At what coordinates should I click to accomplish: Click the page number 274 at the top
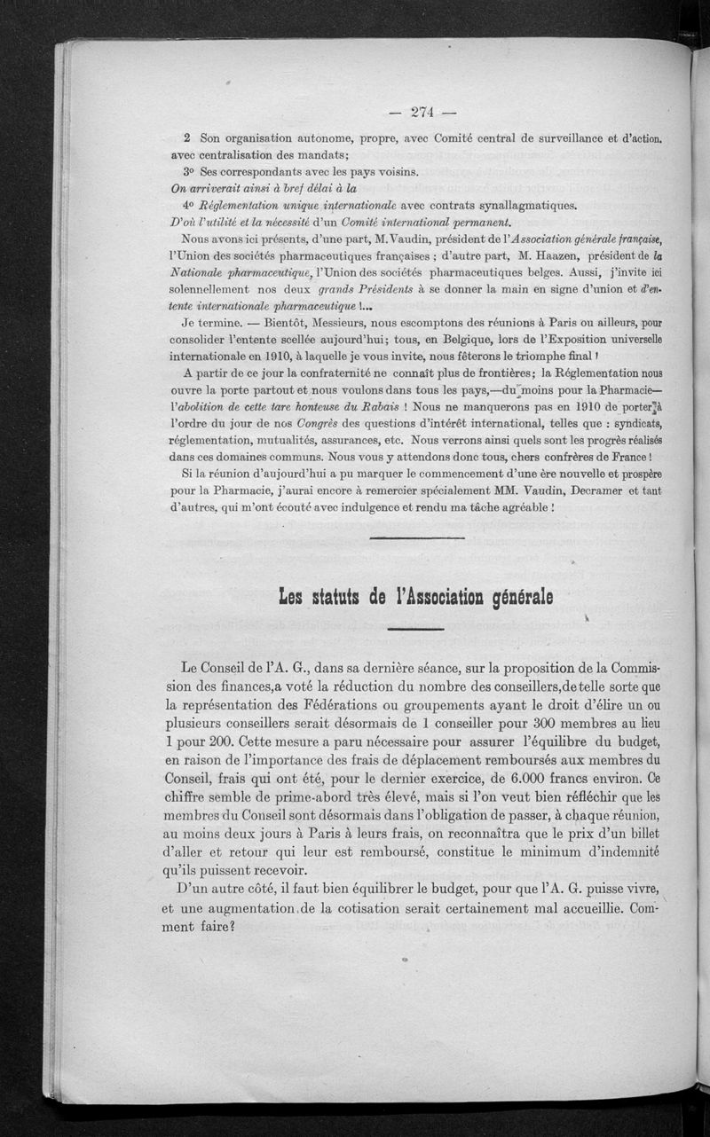coord(422,112)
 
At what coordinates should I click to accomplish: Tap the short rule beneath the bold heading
coord(415,629)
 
